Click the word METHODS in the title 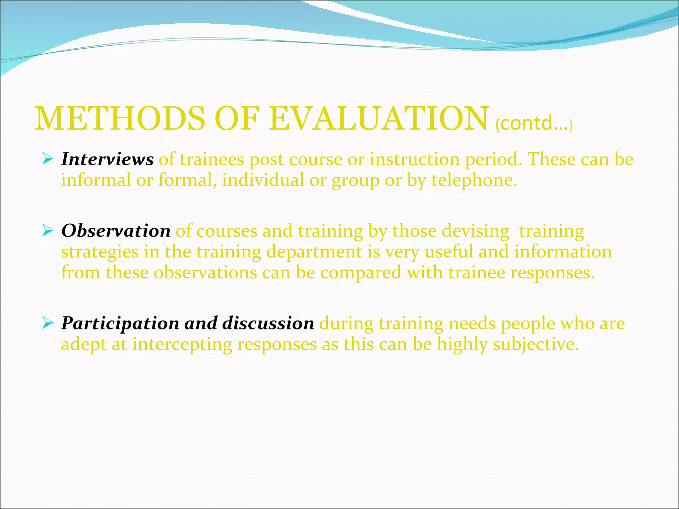pos(120,119)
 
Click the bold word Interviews pos(107,159)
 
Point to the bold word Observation pos(116,231)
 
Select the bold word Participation pos(120,323)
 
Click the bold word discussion pos(268,323)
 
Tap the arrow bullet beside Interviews pos(48,160)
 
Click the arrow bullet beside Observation pos(48,231)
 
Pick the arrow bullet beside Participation pos(48,323)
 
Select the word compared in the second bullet pos(361,273)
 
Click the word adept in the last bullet pos(84,345)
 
